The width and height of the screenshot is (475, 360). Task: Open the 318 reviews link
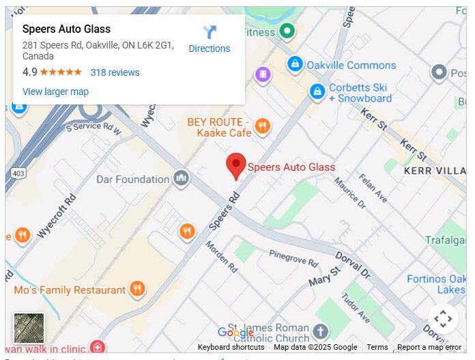click(115, 72)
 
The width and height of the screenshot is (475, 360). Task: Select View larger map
click(55, 92)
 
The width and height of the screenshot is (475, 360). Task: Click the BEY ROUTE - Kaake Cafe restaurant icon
click(261, 126)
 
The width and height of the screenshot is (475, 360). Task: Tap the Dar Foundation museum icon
click(181, 179)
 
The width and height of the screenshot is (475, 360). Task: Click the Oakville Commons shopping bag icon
click(295, 65)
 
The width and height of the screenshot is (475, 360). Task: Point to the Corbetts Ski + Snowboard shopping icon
click(317, 91)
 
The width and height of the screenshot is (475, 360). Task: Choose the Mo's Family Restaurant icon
click(138, 290)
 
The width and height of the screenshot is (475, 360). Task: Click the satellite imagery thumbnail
click(29, 328)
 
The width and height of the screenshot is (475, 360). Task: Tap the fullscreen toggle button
click(443, 318)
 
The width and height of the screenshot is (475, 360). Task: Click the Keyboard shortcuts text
click(231, 347)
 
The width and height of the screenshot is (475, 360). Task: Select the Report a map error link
click(429, 347)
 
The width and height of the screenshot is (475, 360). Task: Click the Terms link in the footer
click(377, 347)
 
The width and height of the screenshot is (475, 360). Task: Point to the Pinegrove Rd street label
click(293, 258)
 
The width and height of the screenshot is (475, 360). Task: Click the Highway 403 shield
click(18, 174)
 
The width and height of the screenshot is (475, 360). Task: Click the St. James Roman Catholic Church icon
click(320, 333)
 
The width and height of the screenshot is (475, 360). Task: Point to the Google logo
click(235, 333)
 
